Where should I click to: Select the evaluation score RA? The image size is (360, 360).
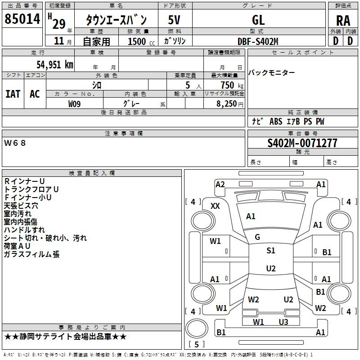pos(343,21)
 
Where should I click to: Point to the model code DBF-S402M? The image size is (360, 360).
pos(258,41)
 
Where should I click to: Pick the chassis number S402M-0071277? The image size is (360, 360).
pos(302,144)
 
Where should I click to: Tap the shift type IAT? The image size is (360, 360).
pos(13,94)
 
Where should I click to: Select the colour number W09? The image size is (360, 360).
pos(75,104)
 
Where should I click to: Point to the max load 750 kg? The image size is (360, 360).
pos(230,85)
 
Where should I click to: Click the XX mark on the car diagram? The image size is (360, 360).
pos(215,206)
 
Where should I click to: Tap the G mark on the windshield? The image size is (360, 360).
pos(257,237)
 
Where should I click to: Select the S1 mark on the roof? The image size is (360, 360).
pos(270,251)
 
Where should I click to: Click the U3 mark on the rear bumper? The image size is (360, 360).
pos(283,322)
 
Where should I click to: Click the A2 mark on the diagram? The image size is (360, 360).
pos(220,184)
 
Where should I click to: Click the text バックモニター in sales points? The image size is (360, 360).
pos(272,73)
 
